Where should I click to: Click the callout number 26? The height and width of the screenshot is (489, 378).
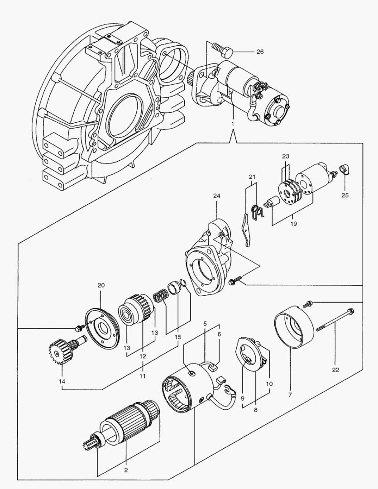pos(260,52)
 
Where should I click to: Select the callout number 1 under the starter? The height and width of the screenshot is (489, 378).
pos(233,124)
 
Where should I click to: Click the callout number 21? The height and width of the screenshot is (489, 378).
pos(252,177)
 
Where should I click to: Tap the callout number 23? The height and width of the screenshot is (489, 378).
pos(285,156)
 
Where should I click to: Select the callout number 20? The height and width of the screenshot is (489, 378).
pos(100,285)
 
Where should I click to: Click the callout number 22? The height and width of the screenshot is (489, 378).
pos(335,370)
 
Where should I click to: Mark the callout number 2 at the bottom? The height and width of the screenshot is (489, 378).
pos(127,470)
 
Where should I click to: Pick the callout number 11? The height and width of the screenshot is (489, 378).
pos(143,376)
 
